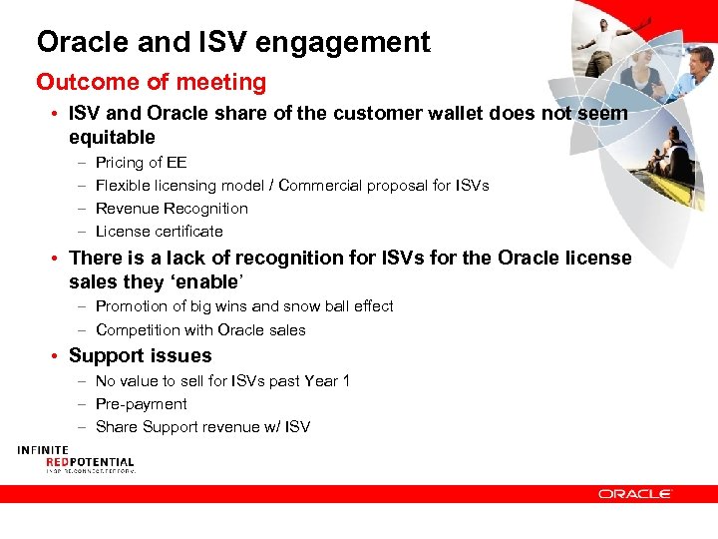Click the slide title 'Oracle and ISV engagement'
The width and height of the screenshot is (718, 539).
[233, 42]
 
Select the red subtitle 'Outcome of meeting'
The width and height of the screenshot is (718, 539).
[152, 82]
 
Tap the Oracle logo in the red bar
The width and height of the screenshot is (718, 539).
[635, 493]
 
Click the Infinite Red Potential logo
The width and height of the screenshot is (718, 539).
[75, 459]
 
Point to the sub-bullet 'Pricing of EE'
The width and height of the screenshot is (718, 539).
[141, 163]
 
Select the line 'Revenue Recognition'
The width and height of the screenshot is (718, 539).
[172, 209]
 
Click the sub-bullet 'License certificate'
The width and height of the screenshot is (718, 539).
[159, 232]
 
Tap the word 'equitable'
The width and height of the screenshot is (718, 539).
[112, 137]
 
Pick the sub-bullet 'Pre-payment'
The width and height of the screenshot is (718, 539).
[141, 404]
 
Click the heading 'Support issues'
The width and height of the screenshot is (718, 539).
[140, 355]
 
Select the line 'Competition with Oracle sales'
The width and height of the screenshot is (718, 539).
[200, 330]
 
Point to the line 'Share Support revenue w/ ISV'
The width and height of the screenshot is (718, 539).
[202, 427]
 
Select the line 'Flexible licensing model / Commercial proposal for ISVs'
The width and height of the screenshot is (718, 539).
[292, 186]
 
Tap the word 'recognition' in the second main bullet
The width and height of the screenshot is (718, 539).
[282, 258]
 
